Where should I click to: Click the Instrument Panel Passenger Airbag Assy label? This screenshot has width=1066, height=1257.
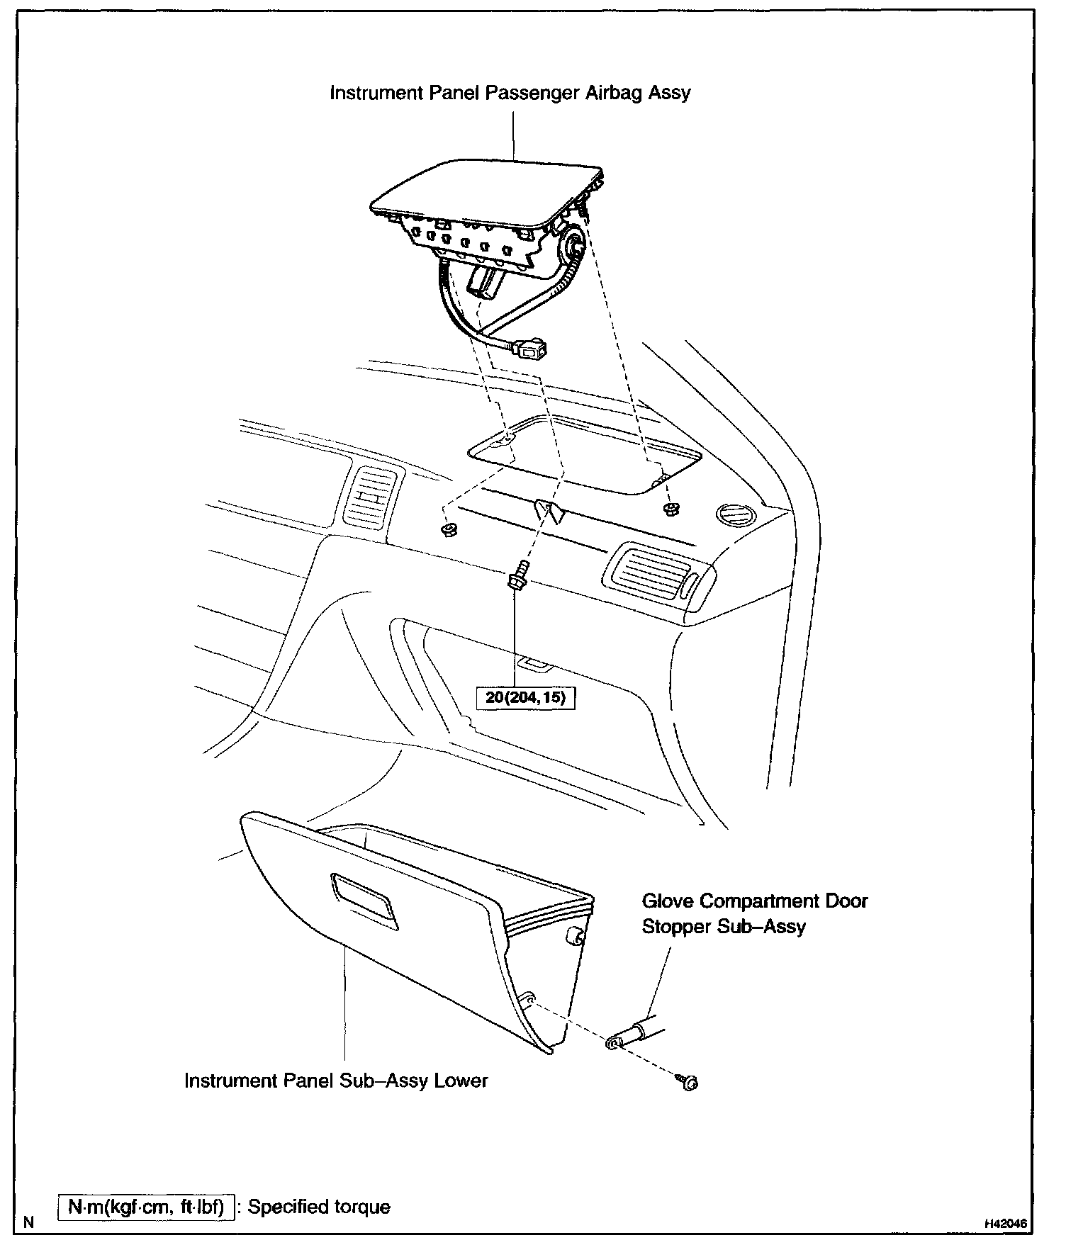tap(510, 93)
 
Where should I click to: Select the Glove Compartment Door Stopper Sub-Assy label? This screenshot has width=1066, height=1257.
tap(754, 913)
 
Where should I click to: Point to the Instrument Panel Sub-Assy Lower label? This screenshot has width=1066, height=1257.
tap(336, 1081)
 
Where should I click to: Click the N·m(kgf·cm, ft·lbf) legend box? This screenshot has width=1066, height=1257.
tap(146, 1206)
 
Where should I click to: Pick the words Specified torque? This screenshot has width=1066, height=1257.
tap(319, 1206)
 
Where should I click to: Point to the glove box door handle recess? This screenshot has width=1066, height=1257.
tap(364, 899)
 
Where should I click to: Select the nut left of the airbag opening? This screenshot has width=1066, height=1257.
tap(447, 531)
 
